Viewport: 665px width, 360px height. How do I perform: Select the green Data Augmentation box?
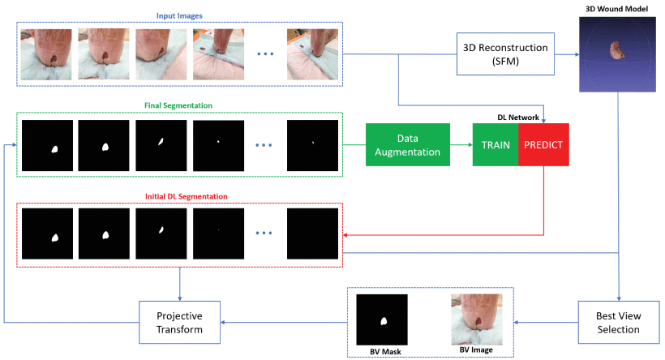point(407,144)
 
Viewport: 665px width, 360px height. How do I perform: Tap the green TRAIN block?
point(496,144)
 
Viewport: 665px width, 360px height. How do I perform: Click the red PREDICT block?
point(544,144)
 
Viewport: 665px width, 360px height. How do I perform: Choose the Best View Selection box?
point(619,322)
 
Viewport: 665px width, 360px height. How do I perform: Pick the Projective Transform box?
point(179,322)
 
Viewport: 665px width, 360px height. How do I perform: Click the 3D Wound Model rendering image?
point(619,54)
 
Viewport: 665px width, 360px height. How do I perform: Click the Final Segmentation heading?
point(179,105)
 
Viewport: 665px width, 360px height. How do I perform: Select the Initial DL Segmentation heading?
point(179,195)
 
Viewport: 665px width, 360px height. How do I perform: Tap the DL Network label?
point(519,117)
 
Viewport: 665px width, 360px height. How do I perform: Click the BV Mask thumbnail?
point(382,319)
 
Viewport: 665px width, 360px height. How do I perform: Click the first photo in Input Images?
point(46,54)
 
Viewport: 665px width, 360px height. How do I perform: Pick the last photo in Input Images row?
point(312,54)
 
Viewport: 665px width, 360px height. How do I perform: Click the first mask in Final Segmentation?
point(46,144)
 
